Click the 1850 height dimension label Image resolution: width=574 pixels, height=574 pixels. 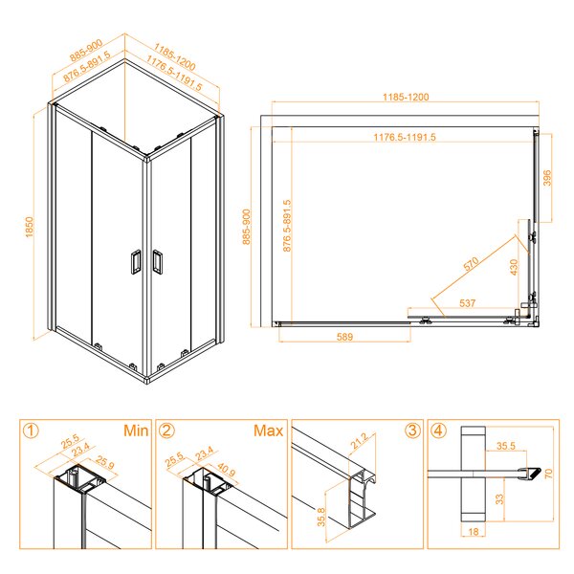(x=30, y=227)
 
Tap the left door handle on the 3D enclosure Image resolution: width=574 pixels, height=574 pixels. (x=136, y=262)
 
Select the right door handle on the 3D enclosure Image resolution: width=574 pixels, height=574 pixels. (x=158, y=261)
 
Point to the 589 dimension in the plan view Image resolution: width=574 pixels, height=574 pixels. (x=344, y=337)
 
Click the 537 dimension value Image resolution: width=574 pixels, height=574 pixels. (x=468, y=303)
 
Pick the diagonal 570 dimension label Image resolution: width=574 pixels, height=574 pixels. (x=471, y=264)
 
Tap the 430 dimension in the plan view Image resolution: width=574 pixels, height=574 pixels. (x=514, y=267)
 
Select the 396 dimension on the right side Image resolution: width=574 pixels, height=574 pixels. (x=546, y=178)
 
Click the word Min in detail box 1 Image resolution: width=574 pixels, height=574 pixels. (x=136, y=430)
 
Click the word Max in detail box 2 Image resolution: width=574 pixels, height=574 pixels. (x=268, y=430)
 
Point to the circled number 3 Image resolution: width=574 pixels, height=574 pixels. (x=412, y=430)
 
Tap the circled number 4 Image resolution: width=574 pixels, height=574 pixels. (x=439, y=430)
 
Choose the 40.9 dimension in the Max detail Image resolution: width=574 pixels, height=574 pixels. (x=226, y=470)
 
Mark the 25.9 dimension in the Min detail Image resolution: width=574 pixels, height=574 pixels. (x=105, y=463)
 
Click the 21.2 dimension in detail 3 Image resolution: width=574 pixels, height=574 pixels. (x=359, y=441)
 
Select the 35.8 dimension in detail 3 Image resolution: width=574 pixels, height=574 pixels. (x=321, y=517)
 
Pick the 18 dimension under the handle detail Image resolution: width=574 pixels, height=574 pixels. (x=474, y=531)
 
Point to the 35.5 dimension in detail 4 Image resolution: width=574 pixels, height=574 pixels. (x=506, y=446)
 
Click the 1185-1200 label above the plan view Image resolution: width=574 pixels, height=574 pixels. (x=406, y=97)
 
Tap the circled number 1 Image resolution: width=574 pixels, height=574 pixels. (x=31, y=430)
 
